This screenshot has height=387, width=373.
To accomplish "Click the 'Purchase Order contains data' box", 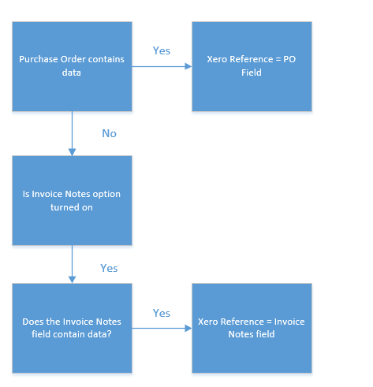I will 72,66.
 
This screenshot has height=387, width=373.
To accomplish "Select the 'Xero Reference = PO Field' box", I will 252,66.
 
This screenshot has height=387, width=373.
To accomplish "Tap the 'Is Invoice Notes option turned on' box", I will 72,200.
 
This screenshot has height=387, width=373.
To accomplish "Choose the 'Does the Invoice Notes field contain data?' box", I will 72,328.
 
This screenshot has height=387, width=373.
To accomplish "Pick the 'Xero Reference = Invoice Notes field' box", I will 252,328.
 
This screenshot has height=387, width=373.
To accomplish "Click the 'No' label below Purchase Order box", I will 110,134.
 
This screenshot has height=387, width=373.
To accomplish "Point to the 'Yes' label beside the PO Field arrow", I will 162,51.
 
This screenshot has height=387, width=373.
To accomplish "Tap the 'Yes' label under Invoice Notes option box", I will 110,269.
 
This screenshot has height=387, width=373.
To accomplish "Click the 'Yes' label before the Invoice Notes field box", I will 162,314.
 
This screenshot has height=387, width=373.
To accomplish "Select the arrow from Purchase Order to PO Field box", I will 162,66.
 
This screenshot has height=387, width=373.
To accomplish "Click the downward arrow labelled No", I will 72,132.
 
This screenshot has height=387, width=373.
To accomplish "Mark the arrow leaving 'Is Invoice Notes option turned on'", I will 72,264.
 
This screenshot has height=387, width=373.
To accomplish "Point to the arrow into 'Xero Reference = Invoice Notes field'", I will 162,328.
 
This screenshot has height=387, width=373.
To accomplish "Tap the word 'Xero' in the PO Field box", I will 218,59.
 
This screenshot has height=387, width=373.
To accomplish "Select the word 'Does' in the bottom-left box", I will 33,322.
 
